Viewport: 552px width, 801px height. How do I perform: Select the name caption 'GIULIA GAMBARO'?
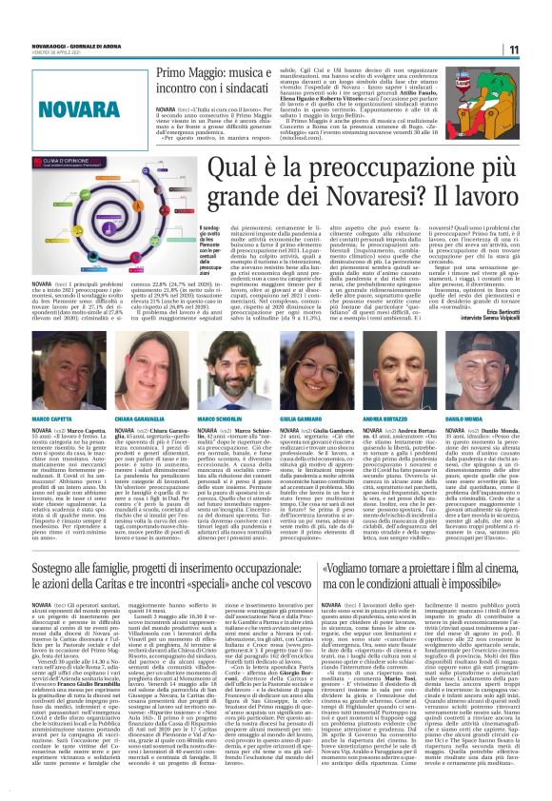click(x=308, y=392)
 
